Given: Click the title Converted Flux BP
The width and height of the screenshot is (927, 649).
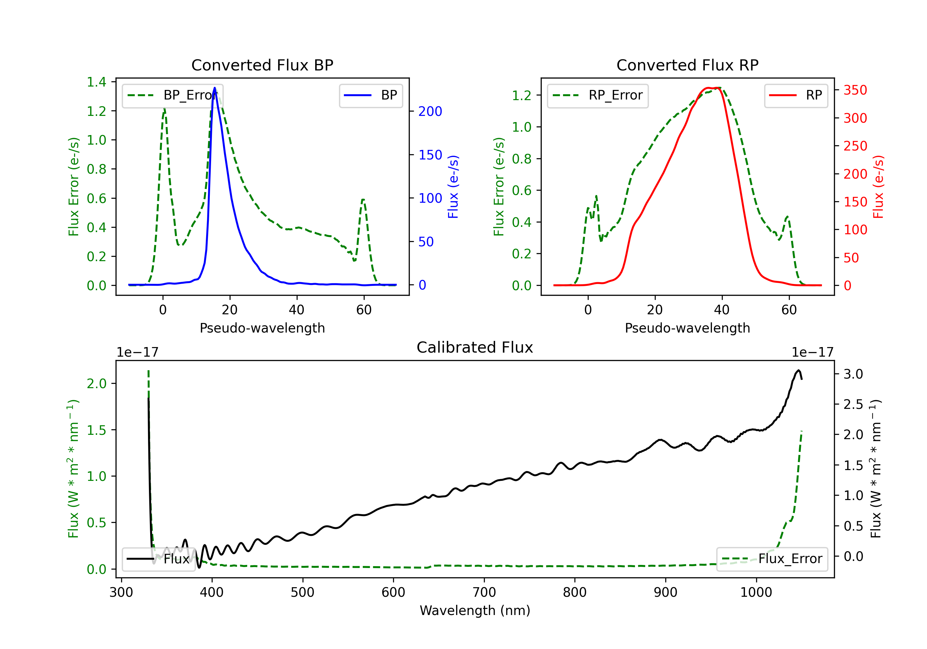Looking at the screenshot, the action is [262, 65].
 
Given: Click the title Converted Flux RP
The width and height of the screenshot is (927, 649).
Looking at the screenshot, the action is [687, 65].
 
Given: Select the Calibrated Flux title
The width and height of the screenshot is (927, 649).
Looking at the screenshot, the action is [475, 347].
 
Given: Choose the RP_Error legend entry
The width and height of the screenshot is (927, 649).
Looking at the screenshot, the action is [598, 95].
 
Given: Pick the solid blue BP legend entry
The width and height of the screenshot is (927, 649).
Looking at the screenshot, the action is [370, 95].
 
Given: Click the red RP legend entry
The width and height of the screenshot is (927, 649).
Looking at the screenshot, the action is [796, 95].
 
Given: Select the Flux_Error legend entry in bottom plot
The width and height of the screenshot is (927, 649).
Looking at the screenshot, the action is [772, 559].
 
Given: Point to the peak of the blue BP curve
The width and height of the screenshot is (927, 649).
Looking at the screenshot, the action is [214, 88].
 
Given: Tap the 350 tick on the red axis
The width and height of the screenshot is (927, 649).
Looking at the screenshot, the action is [855, 90].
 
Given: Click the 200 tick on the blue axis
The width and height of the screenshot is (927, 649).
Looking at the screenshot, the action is [430, 112].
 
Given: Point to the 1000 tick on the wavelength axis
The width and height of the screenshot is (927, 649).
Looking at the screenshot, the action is [756, 592].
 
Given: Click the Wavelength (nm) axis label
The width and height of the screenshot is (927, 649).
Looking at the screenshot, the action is [475, 611].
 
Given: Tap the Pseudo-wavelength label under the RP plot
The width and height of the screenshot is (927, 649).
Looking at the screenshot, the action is [687, 328].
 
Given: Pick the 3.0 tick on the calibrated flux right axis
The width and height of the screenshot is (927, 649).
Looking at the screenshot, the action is [853, 374].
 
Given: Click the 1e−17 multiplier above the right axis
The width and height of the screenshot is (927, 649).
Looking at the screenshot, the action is [812, 353].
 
